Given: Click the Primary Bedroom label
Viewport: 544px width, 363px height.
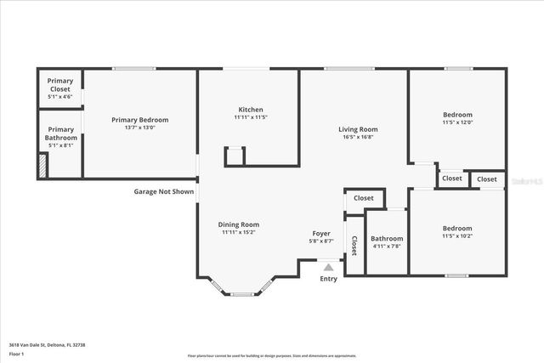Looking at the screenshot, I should (x=140, y=120).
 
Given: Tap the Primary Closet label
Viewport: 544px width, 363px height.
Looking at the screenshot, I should (x=60, y=85).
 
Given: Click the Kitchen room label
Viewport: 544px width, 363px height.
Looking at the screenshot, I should (x=251, y=110).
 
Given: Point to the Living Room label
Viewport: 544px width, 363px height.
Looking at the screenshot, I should (x=360, y=129).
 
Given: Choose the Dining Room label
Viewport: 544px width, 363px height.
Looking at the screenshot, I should (x=239, y=224).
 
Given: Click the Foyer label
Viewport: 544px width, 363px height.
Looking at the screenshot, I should (x=321, y=233).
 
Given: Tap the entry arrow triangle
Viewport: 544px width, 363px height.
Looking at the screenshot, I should (x=328, y=267).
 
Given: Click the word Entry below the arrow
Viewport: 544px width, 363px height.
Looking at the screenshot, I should (x=328, y=279).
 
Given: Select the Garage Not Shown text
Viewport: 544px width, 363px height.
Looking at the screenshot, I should (x=164, y=191).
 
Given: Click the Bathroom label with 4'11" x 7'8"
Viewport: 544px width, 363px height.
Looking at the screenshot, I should (x=386, y=242).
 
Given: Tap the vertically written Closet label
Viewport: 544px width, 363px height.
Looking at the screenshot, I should (x=354, y=246).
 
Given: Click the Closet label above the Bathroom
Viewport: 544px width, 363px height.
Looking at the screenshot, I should (x=363, y=198).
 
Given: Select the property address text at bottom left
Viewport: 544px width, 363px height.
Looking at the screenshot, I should (x=48, y=344).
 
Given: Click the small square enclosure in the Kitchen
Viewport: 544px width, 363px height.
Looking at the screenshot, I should (x=235, y=156).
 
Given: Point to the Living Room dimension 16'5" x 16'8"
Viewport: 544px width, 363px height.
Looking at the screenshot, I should (x=360, y=137).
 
